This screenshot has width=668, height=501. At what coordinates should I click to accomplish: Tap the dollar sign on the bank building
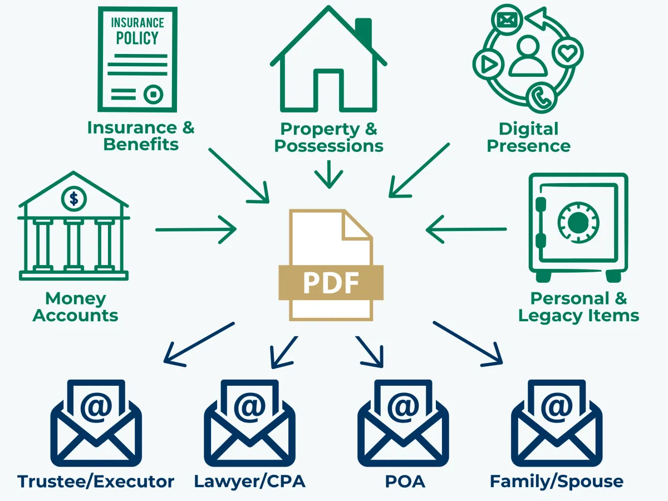[x=73, y=198]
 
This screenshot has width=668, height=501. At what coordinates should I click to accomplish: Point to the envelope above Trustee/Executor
[x=96, y=423]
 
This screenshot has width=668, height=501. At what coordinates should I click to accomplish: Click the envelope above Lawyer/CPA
[x=249, y=423]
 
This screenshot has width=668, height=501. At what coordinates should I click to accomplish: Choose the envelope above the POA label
[x=402, y=423]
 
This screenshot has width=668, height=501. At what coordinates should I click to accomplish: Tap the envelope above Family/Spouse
[x=556, y=423]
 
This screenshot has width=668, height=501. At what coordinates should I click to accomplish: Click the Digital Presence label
[x=528, y=137]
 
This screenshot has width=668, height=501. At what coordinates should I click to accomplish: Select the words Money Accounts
[x=75, y=307]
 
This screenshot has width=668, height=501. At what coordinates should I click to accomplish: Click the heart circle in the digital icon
[x=567, y=53]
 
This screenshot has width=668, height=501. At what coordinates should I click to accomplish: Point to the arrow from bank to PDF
[x=196, y=229]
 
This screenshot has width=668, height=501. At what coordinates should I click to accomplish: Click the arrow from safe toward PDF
[x=466, y=229]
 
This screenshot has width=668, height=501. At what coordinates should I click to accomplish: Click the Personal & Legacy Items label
[x=578, y=307]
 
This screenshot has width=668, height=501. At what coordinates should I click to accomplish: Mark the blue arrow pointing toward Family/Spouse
[x=469, y=344]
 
